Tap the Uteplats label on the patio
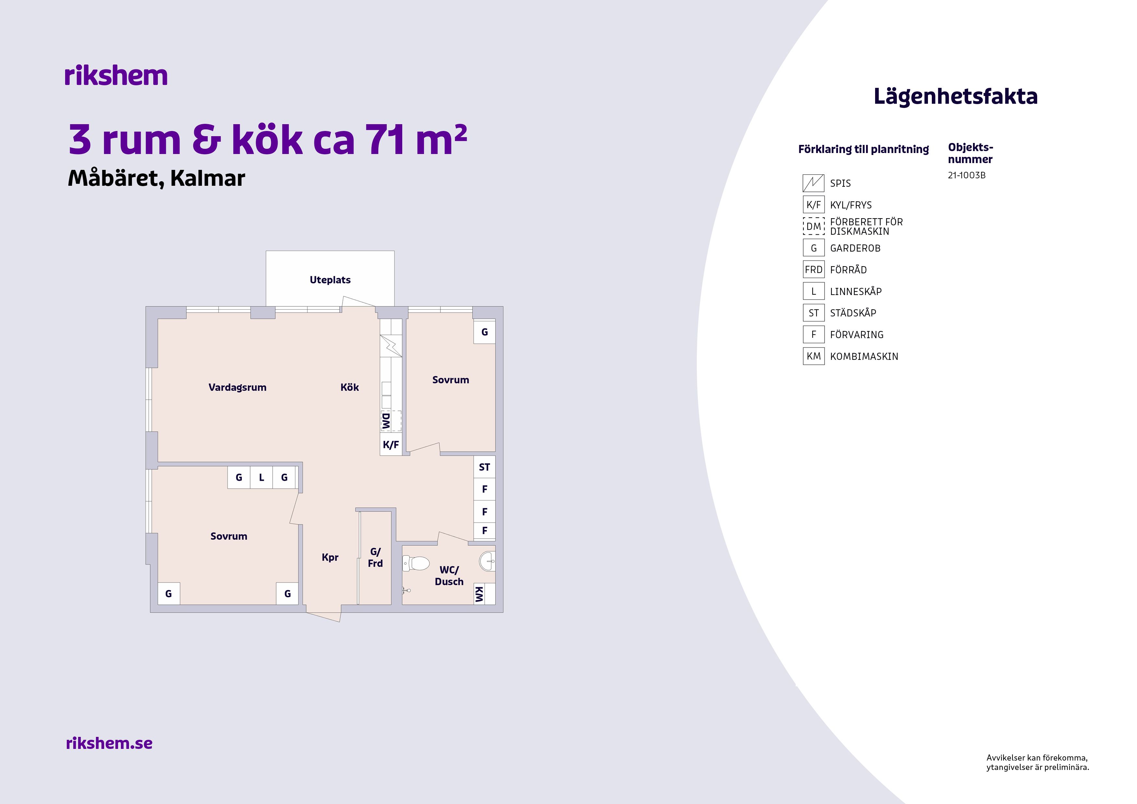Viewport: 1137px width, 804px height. [330, 280]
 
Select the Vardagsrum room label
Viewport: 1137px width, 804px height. [237, 387]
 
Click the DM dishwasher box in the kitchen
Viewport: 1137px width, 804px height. [391, 421]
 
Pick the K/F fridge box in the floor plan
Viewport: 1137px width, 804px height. [391, 444]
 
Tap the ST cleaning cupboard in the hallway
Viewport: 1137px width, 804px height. [484, 467]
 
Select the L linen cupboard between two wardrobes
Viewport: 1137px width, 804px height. [262, 478]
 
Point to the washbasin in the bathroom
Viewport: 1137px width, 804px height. [487, 561]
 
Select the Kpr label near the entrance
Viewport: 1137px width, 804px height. [330, 557]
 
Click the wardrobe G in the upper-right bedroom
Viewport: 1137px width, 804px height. [484, 332]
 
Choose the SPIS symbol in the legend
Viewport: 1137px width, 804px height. [813, 183]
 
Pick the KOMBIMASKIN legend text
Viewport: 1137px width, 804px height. [864, 356]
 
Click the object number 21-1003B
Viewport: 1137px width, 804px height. [967, 175]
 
